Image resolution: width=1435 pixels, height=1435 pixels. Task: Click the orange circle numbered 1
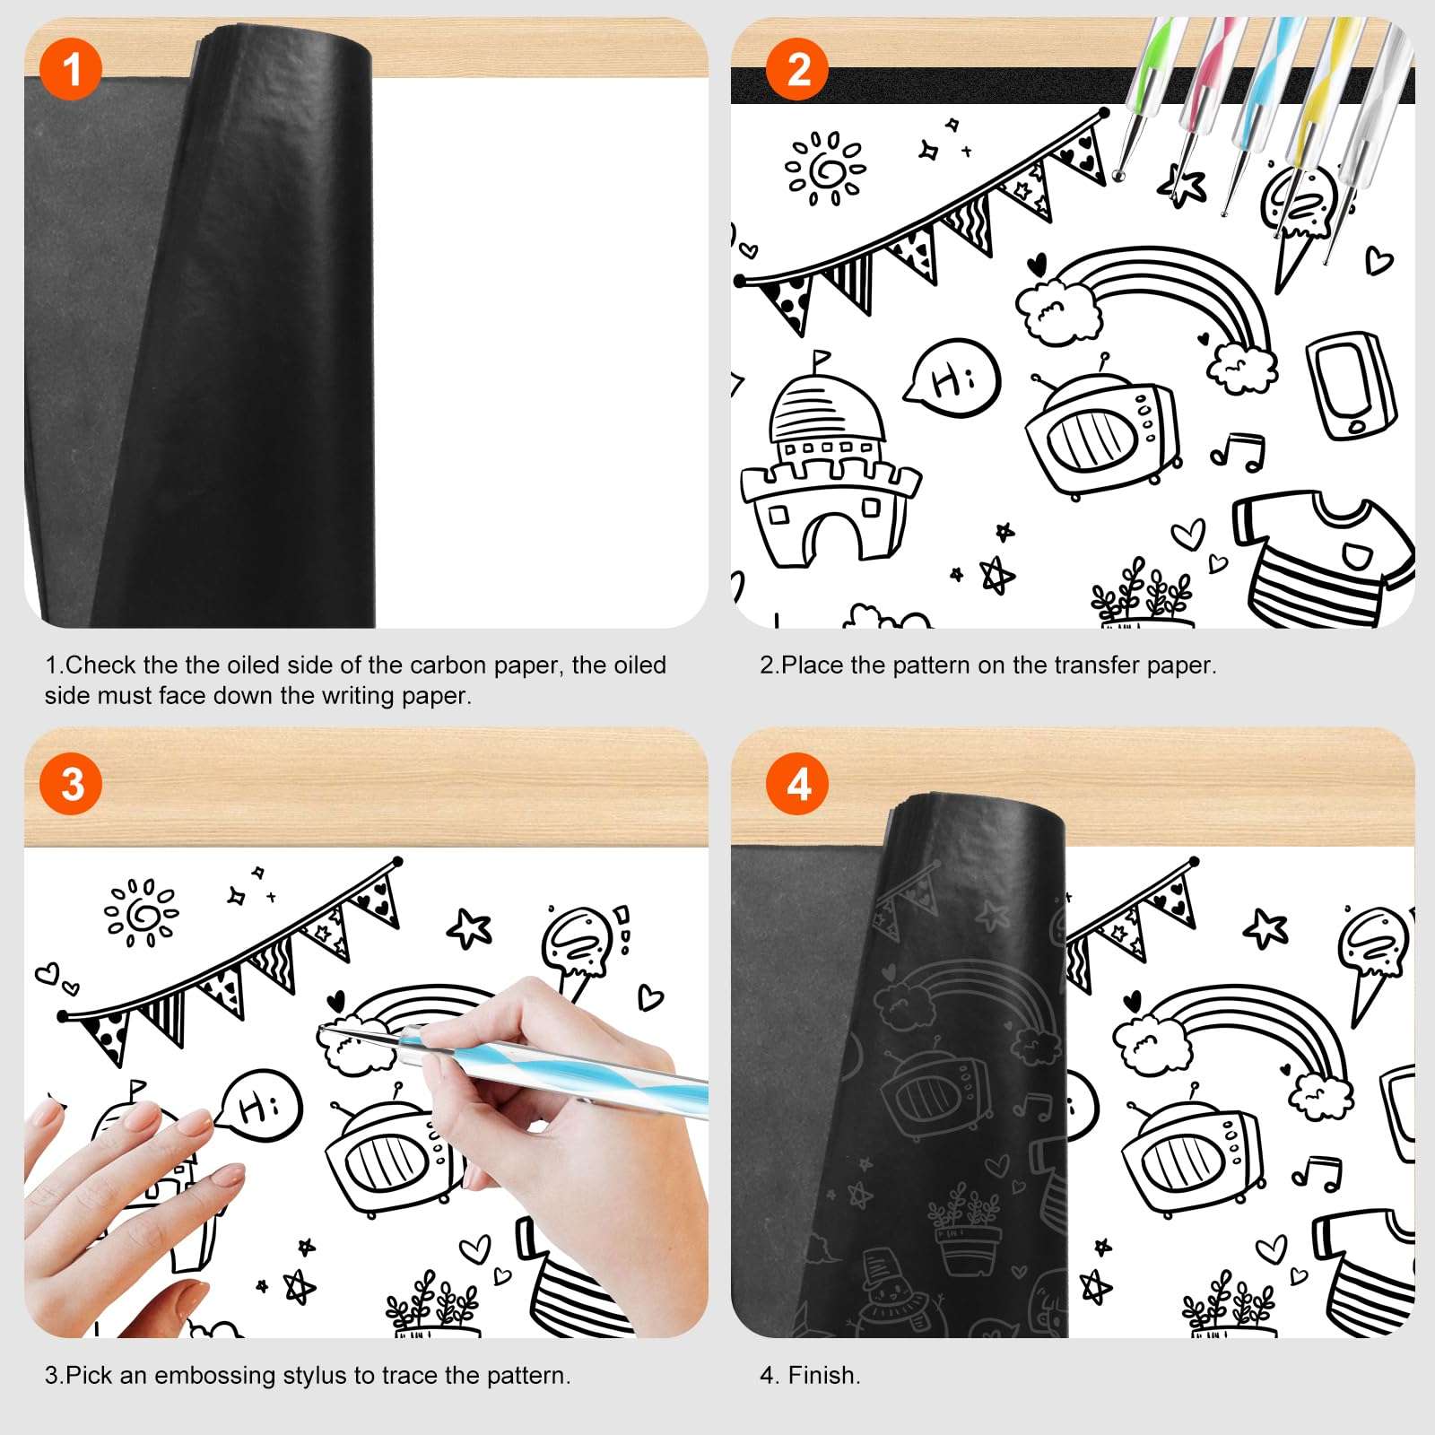[71, 69]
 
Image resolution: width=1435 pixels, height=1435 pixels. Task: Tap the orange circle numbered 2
[797, 69]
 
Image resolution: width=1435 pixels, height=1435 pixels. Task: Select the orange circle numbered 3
[71, 784]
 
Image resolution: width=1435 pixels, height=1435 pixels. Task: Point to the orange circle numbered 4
[797, 784]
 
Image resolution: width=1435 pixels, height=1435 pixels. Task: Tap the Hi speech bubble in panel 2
[952, 378]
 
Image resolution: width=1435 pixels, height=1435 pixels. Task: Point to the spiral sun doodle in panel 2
[824, 168]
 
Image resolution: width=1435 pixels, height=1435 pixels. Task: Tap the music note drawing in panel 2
[1239, 449]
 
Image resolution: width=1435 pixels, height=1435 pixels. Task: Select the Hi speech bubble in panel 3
[258, 1106]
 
